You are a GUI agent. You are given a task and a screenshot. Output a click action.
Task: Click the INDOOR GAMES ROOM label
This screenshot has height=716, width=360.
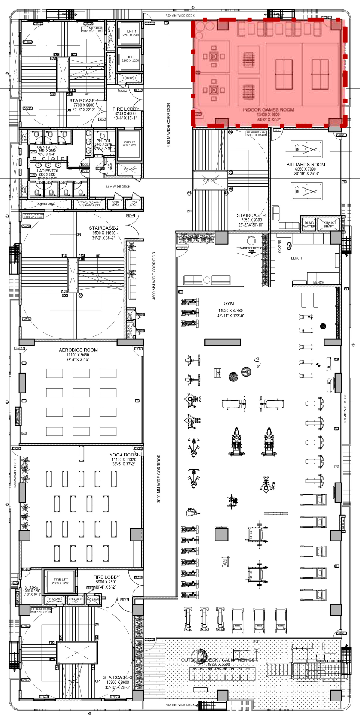(268, 110)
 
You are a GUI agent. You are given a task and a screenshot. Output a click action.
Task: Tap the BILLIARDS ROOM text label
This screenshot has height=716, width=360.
(306, 165)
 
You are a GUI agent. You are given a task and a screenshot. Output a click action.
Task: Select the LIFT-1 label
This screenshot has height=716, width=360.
(131, 31)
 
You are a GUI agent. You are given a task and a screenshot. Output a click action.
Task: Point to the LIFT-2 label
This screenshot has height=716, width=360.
(130, 57)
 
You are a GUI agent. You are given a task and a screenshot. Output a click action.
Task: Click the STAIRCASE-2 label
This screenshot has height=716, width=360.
(104, 228)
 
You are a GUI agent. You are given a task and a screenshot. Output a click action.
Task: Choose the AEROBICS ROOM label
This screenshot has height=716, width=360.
(78, 350)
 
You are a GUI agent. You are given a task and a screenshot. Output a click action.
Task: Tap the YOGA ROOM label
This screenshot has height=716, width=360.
(124, 455)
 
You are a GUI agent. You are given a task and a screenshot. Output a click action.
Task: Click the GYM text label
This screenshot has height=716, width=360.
(229, 304)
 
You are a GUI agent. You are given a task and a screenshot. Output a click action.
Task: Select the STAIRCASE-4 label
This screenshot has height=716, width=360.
(251, 216)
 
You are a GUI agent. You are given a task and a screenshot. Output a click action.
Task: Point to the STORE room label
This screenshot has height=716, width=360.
(31, 587)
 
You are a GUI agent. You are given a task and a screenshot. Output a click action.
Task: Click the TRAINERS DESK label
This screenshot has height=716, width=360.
(249, 248)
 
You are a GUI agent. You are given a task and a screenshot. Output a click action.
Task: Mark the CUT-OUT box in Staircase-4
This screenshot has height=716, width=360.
(210, 181)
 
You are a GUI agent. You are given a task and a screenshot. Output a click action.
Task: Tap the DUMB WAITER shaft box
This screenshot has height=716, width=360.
(309, 224)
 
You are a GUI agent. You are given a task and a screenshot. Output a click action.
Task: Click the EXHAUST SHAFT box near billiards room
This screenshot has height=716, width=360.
(329, 224)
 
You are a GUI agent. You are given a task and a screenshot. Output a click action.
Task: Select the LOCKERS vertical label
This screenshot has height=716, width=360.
(280, 247)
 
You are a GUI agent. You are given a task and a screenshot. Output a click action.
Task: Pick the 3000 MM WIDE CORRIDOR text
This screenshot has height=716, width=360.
(159, 478)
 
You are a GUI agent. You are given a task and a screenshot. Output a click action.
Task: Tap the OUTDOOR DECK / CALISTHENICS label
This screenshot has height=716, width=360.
(219, 660)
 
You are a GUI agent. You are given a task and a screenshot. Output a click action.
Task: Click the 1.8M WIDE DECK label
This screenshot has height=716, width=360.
(118, 187)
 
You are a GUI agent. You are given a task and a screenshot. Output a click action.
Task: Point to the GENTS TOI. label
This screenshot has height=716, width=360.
(47, 147)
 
